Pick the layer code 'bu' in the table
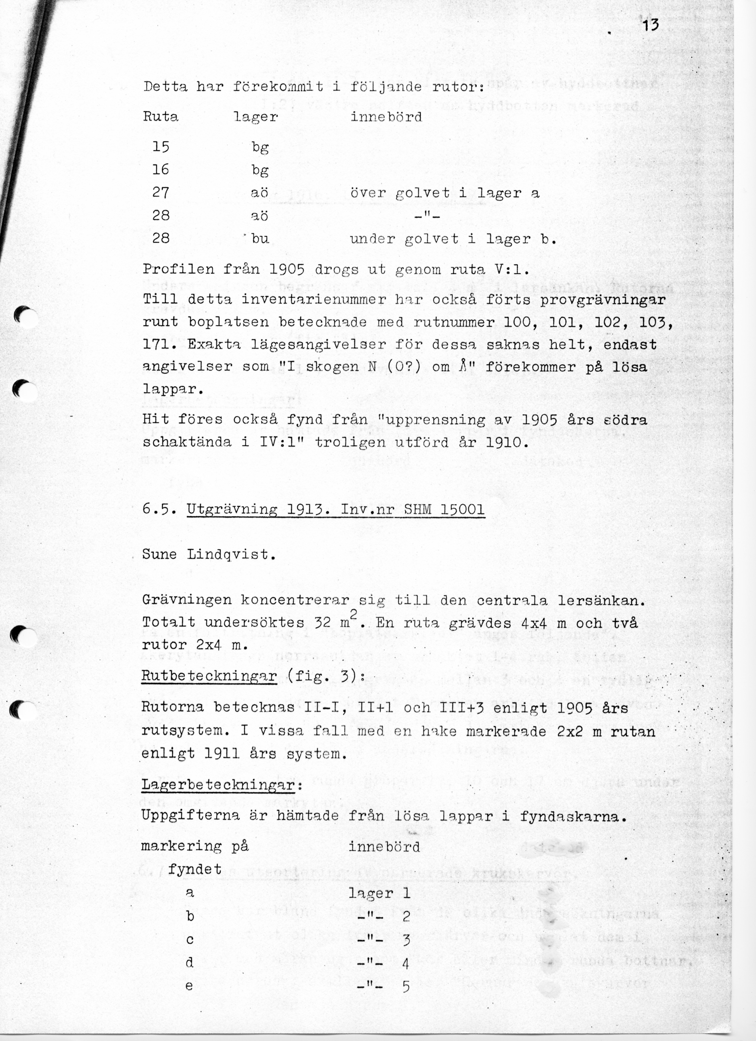click(x=260, y=239)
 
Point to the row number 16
click(x=161, y=170)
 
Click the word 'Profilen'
click(x=178, y=269)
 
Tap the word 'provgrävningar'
click(x=603, y=300)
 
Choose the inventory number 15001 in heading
click(x=462, y=510)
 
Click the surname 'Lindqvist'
click(x=231, y=555)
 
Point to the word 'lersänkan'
click(x=601, y=600)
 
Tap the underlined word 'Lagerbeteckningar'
click(x=217, y=784)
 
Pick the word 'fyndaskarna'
click(x=573, y=815)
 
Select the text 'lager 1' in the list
click(x=379, y=893)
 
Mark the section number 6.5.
click(x=159, y=510)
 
